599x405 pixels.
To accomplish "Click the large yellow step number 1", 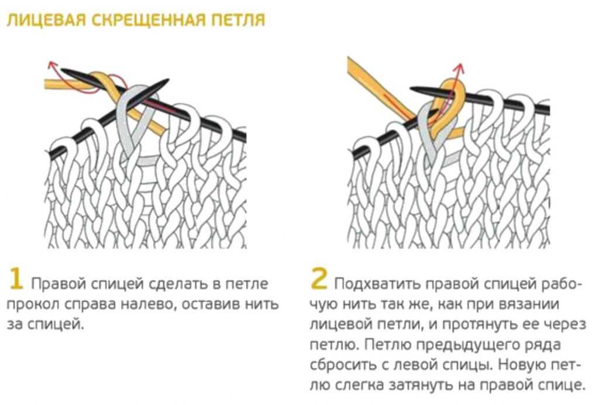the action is coord(16,279).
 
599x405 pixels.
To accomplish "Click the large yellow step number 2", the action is coord(319,279).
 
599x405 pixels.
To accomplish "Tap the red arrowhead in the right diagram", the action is coord(460,69).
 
